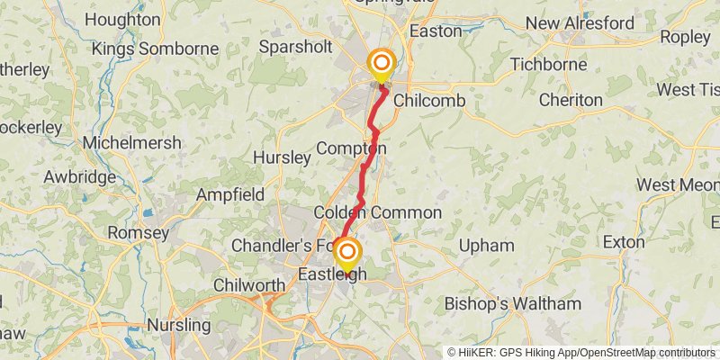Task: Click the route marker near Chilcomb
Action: point(382,64)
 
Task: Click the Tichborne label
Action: point(548,65)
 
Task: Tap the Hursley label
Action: point(282,157)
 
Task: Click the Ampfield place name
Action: point(231,194)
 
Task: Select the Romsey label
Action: point(138,233)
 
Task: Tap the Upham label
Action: point(486,246)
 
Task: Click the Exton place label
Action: point(624,242)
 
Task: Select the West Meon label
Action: point(678,184)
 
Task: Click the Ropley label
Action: point(686,37)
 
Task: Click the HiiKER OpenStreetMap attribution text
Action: point(581,352)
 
